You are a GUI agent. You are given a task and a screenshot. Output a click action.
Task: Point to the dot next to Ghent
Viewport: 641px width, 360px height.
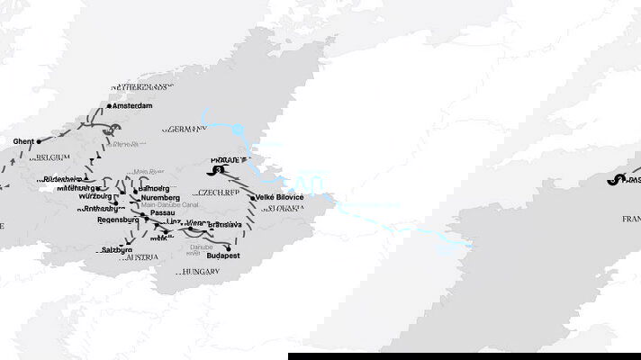(x=39, y=141)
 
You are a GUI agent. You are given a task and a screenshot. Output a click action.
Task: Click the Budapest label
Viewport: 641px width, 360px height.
(x=213, y=256)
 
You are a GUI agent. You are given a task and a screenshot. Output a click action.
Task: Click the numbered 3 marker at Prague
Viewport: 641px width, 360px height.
(x=216, y=170)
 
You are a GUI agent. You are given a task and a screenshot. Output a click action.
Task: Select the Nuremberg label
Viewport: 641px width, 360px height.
(x=159, y=197)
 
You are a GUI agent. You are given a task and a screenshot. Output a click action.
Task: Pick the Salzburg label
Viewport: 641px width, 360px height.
(x=119, y=249)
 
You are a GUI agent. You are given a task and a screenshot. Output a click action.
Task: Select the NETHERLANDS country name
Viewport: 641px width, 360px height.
(x=141, y=86)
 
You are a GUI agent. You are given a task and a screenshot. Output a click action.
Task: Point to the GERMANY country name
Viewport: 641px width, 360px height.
(x=185, y=129)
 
